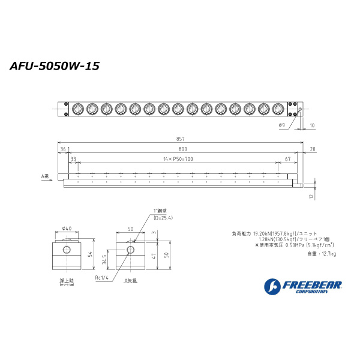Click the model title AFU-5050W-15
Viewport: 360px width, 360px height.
(55, 67)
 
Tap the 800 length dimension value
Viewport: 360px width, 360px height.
(182, 149)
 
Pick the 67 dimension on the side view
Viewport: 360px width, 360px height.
(289, 159)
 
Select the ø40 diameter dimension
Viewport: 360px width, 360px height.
(67, 228)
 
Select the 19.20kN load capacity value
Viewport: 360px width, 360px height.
(263, 233)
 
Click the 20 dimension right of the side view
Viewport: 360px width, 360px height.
(313, 149)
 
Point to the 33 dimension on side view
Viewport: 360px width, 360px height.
(74, 159)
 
